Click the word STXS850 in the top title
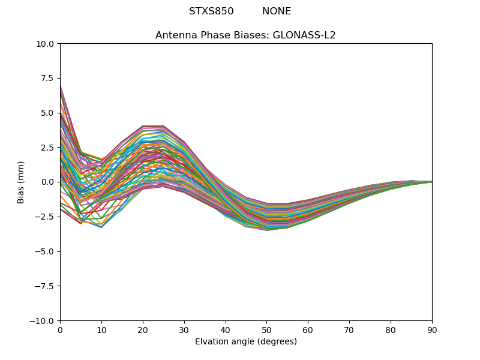pos(211,11)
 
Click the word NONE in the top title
pos(277,11)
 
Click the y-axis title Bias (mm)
pos(21,182)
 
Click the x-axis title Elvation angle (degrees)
pos(246,342)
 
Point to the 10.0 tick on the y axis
pos(47,44)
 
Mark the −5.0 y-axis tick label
pos(46,251)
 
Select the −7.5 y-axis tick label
pos(46,286)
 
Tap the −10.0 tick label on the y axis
pos(44,321)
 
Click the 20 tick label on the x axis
pos(143,330)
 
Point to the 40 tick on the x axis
pos(226,330)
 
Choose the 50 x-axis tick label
pos(266,330)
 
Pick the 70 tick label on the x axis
pos(349,330)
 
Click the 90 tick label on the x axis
pos(432,330)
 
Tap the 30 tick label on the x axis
pos(184,330)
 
